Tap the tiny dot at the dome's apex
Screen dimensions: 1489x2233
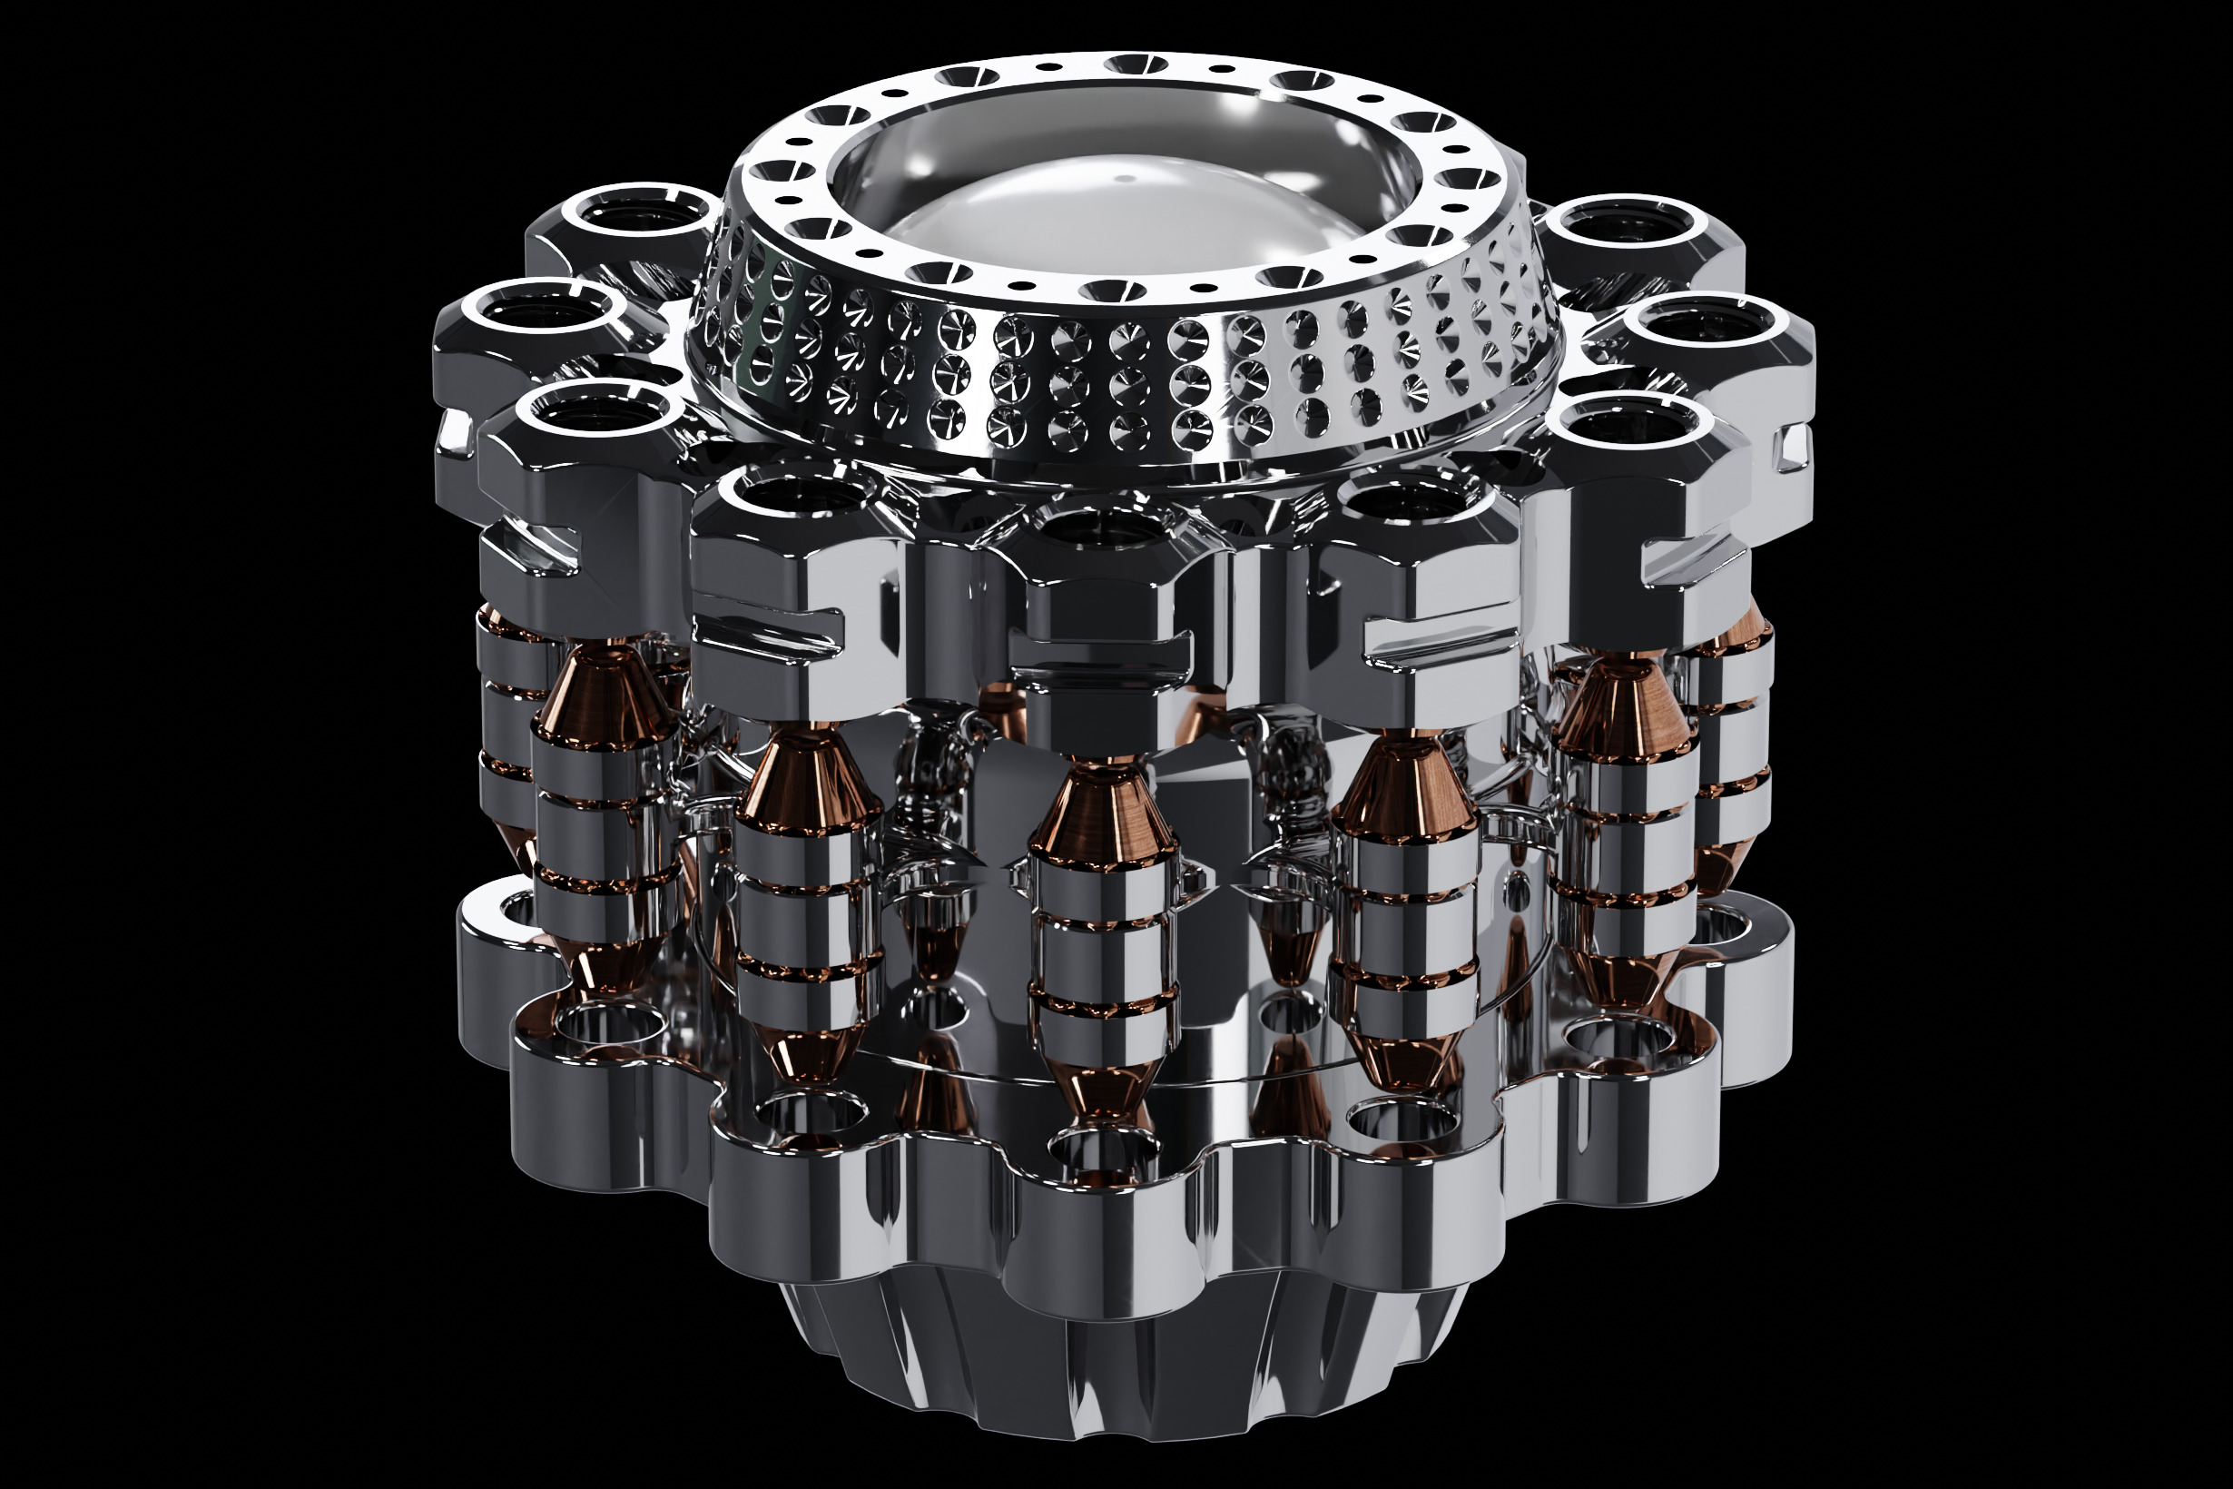point(1123,178)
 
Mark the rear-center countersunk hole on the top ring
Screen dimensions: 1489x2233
point(1136,65)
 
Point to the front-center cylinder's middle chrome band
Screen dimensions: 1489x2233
point(1103,959)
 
